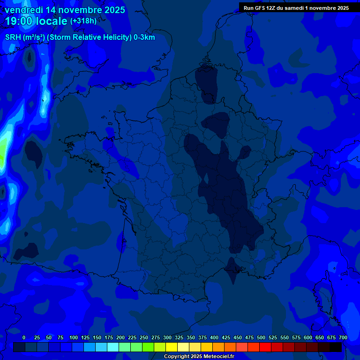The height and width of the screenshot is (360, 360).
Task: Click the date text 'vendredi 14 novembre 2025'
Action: (65, 10)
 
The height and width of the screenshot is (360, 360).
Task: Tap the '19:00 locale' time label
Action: (36, 21)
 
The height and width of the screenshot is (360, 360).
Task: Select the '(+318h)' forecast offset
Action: (83, 21)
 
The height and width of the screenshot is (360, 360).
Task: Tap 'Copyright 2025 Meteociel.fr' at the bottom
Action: (199, 357)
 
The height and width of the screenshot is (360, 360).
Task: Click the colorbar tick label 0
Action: (24, 337)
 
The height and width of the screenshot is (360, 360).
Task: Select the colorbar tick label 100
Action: (74, 337)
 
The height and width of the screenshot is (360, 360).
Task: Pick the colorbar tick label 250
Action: (144, 337)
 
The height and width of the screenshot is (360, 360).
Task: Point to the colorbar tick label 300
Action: (167, 337)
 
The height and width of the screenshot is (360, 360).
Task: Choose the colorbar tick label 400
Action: (214, 337)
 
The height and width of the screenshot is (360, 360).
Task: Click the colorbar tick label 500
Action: (261, 337)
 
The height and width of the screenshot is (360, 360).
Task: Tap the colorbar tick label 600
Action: (308, 337)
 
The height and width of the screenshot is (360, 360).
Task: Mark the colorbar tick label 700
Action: (343, 337)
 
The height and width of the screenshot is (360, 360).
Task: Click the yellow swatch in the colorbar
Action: (172, 347)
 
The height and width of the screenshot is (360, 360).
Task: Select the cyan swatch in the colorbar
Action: (113, 347)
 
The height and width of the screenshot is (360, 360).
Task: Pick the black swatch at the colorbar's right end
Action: (336, 347)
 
